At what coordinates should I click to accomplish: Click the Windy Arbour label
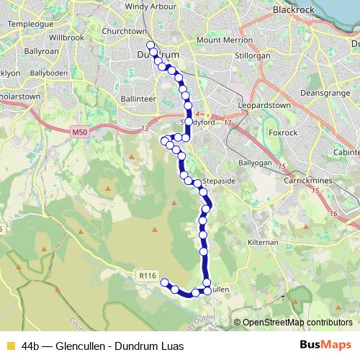[150, 6]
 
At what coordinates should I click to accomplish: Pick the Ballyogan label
[256, 163]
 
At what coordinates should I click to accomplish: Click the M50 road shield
[80, 133]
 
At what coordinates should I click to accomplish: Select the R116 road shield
[147, 274]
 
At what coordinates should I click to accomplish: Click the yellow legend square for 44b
[10, 346]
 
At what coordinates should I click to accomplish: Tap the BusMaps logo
[325, 346]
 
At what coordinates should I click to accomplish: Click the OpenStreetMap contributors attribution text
[297, 323]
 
